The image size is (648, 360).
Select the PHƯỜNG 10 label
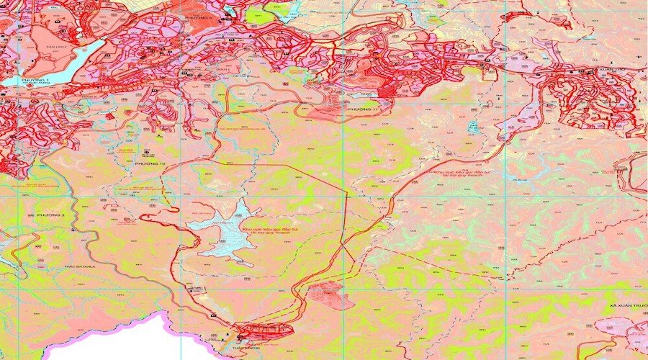[149, 164]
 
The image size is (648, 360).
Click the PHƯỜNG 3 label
[51, 215]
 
